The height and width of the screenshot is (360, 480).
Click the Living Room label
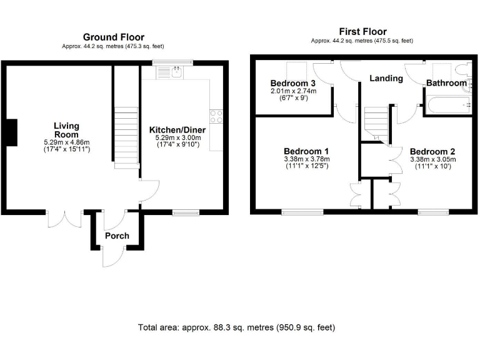click(66, 129)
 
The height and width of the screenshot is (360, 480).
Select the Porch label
click(117, 236)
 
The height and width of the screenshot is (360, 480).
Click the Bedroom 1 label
click(306, 151)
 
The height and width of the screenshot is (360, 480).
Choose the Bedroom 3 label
click(293, 83)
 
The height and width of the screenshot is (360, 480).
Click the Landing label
click(386, 78)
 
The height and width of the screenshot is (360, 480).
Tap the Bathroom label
click(446, 83)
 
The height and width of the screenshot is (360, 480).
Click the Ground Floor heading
click(113, 37)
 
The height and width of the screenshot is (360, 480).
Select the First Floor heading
click(362, 31)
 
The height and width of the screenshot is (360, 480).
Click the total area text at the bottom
click(237, 327)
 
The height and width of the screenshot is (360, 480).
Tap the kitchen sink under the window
click(174, 72)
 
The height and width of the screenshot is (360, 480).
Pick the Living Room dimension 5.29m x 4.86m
click(66, 142)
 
